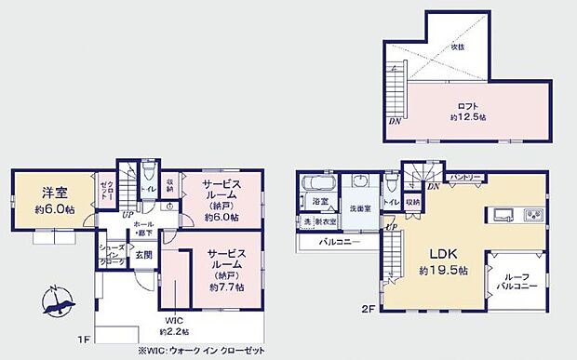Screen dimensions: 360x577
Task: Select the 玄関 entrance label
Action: point(144,255)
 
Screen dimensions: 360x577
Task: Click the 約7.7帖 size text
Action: point(225,287)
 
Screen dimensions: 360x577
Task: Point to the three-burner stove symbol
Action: point(534,216)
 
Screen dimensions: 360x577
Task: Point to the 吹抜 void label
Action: point(458,47)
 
